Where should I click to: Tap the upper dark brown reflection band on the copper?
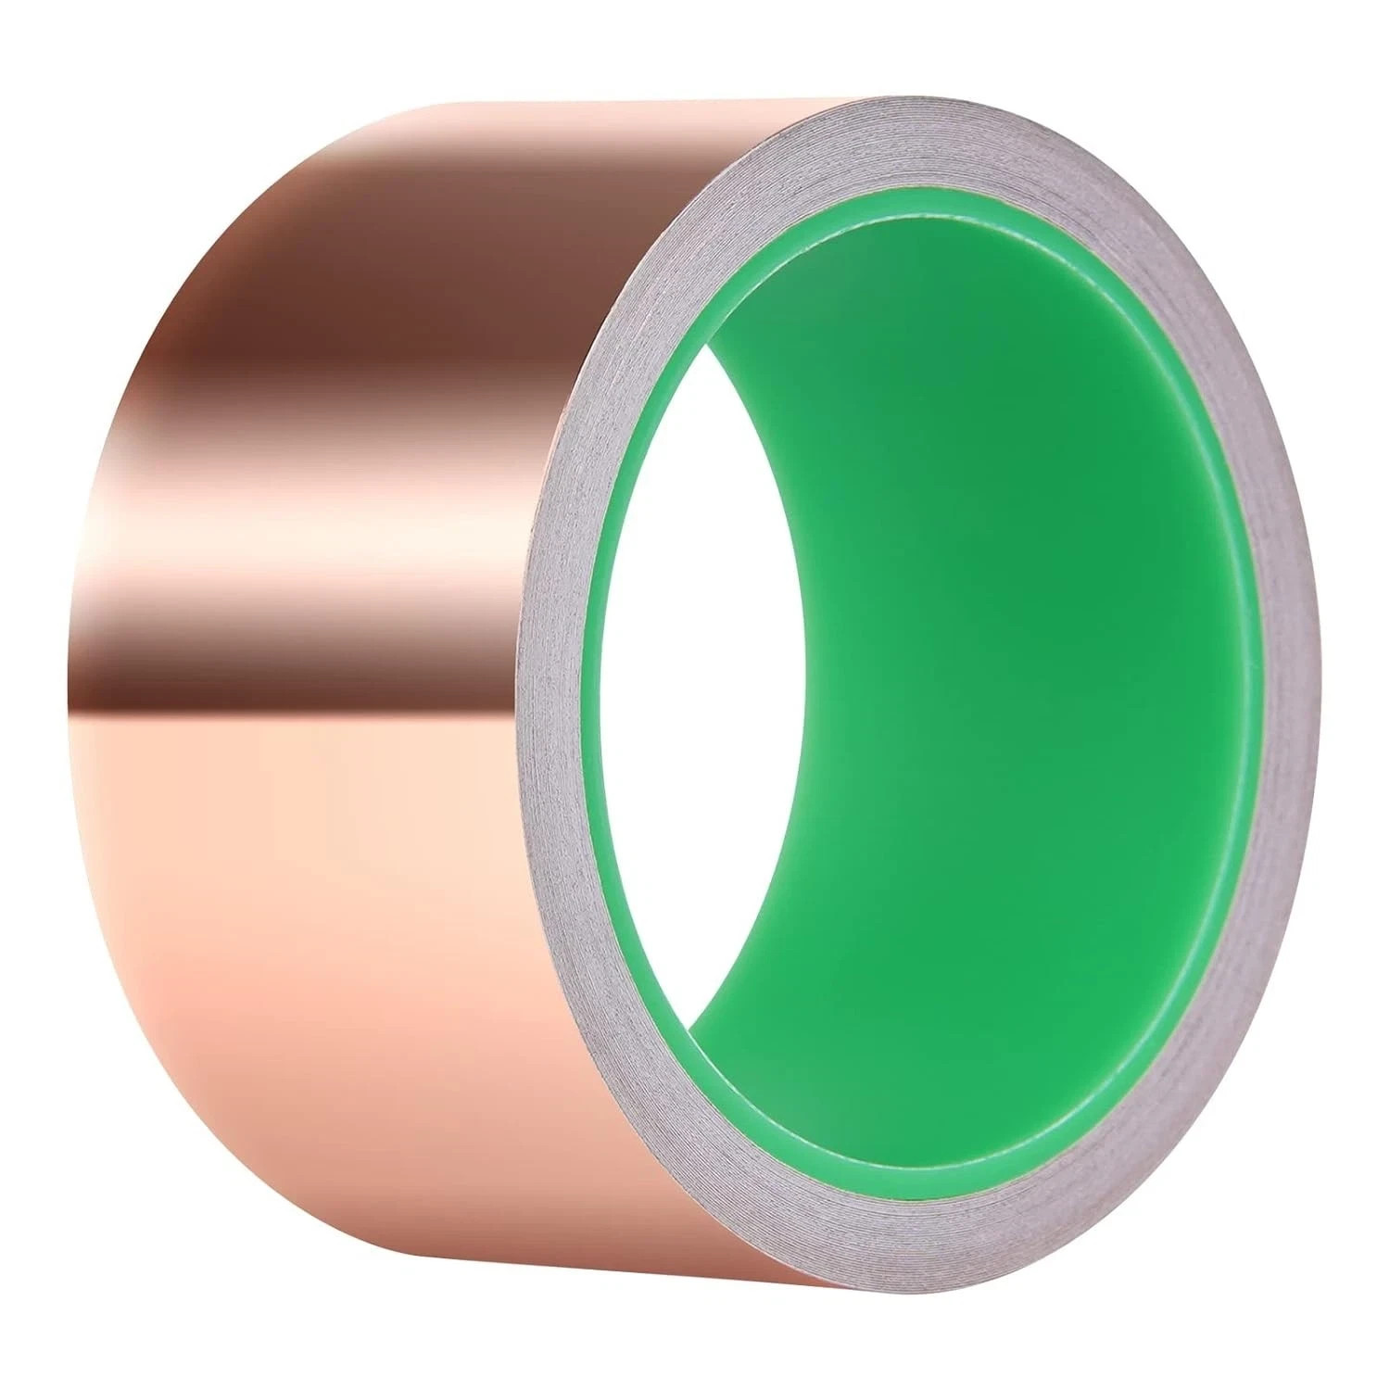click(x=371, y=306)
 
